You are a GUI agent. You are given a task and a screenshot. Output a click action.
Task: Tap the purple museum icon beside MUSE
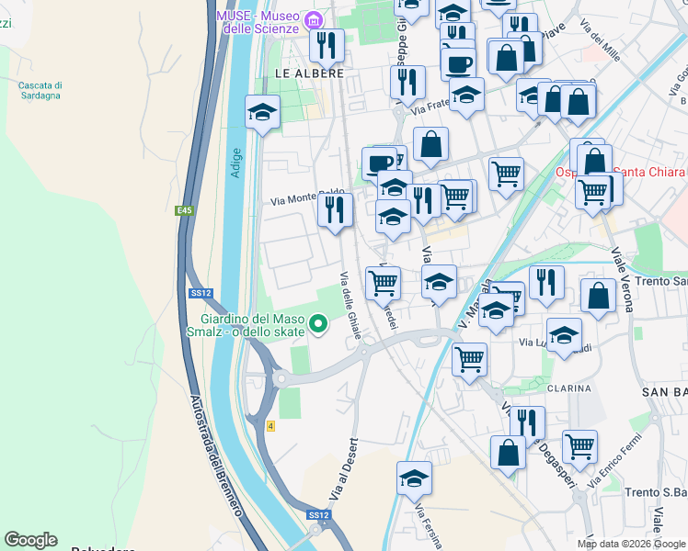pyautogui.click(x=315, y=18)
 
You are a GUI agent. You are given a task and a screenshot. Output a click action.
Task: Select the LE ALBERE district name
pyautogui.click(x=309, y=73)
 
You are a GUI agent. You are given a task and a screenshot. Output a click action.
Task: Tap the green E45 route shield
pyautogui.click(x=185, y=211)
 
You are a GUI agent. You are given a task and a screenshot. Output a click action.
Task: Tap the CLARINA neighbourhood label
pyautogui.click(x=568, y=388)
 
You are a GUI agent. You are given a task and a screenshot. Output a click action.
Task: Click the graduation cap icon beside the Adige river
pyautogui.click(x=262, y=114)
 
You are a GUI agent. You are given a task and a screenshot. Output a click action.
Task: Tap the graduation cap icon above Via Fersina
pyautogui.click(x=414, y=478)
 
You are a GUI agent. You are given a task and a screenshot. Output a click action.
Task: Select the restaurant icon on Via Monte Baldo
pyautogui.click(x=335, y=210)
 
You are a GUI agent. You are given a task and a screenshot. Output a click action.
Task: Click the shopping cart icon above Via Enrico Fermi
pyautogui.click(x=579, y=446)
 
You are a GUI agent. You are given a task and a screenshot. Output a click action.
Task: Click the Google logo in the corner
pyautogui.click(x=30, y=539)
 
